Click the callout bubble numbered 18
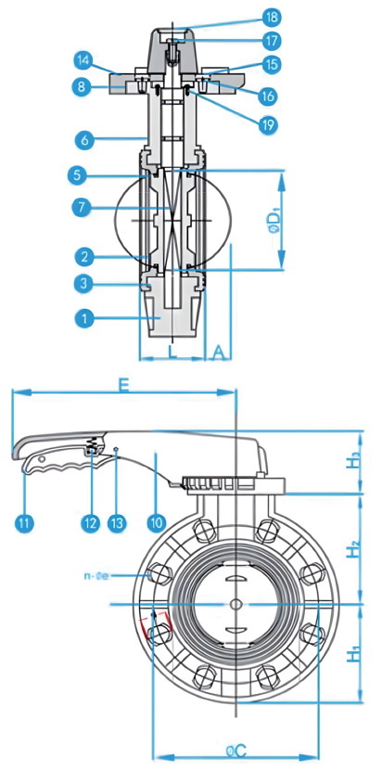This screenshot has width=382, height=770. tap(272, 17)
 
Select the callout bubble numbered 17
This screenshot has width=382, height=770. tap(272, 41)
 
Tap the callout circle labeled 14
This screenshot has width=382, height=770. tap(83, 61)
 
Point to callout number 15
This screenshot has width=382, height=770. tap(272, 65)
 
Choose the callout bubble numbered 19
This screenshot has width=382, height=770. tap(272, 122)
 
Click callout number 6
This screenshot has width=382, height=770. tap(83, 139)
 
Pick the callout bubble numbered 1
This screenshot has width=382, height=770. tap(83, 318)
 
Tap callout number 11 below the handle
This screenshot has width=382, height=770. tap(24, 523)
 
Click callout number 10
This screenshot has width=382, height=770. tap(155, 523)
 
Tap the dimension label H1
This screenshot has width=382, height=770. tap(353, 655)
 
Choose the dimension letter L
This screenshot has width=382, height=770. tap(172, 352)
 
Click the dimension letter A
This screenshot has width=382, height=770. tap(218, 352)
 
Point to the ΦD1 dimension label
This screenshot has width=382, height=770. tap(275, 221)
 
